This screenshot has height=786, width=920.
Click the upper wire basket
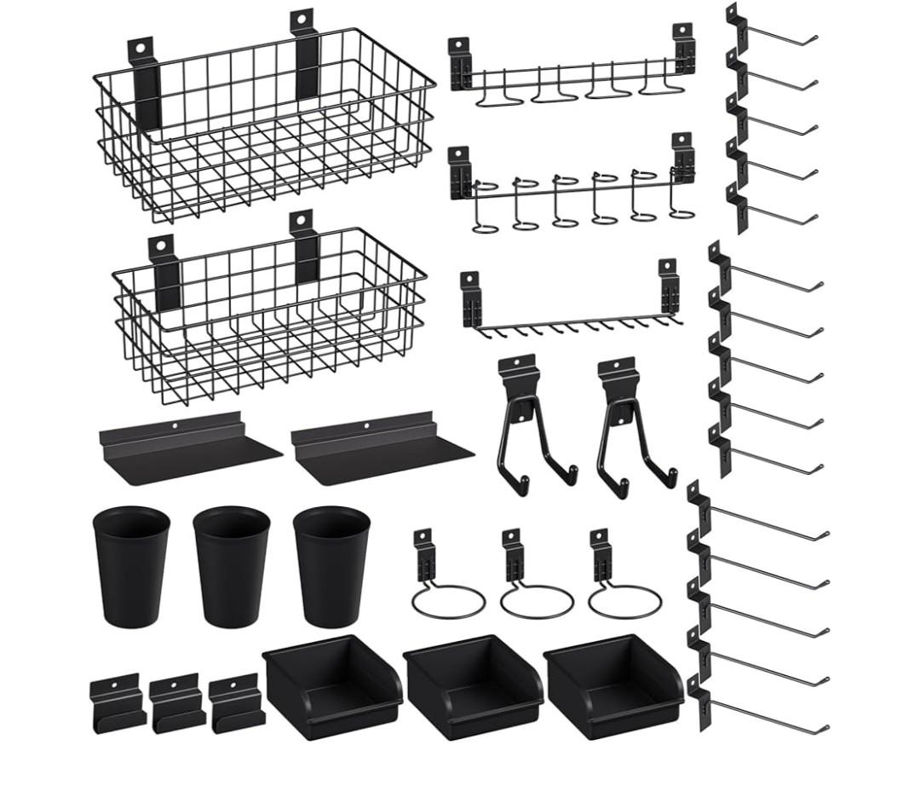pos(264,128)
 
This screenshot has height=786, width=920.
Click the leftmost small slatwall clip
pos(116,703)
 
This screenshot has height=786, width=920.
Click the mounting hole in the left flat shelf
pos(174,425)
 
